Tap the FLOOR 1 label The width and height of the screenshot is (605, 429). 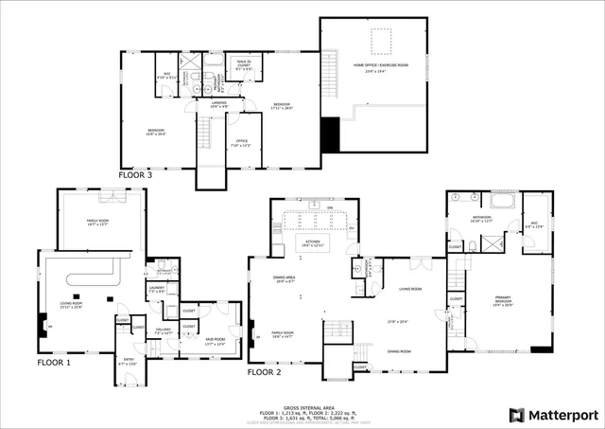pyautogui.click(x=54, y=363)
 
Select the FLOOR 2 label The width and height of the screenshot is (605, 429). pyautogui.click(x=264, y=372)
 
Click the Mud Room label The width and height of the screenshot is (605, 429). pyautogui.click(x=215, y=341)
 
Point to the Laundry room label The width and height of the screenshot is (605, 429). pyautogui.click(x=156, y=290)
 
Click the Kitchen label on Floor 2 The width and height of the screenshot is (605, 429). pyautogui.click(x=312, y=242)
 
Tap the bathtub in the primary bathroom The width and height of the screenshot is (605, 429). pyautogui.click(x=500, y=202)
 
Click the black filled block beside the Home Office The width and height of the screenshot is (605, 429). pyautogui.click(x=330, y=134)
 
